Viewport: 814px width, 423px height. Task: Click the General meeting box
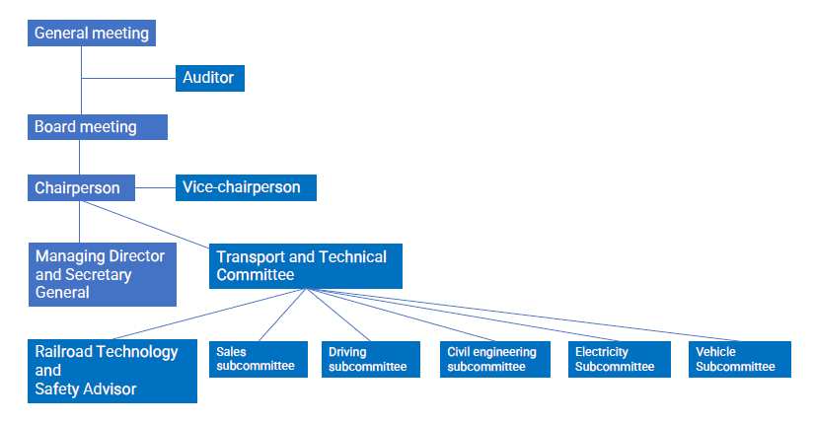pyautogui.click(x=92, y=34)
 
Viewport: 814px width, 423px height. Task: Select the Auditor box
pyautogui.click(x=210, y=78)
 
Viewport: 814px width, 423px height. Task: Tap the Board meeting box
pyautogui.click(x=98, y=127)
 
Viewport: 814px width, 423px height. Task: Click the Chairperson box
pyautogui.click(x=81, y=188)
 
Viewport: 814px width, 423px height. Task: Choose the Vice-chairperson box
pyautogui.click(x=246, y=187)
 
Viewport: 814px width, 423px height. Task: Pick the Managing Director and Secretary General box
pyautogui.click(x=103, y=274)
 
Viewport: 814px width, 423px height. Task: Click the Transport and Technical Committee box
pyautogui.click(x=306, y=266)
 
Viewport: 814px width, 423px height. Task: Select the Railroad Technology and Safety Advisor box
pyautogui.click(x=112, y=371)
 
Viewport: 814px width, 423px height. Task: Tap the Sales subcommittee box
pyautogui.click(x=259, y=359)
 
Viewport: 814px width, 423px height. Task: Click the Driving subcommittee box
pyautogui.click(x=371, y=359)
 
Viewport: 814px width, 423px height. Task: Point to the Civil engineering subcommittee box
pyautogui.click(x=495, y=359)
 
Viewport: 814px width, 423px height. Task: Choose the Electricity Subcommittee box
pyautogui.click(x=620, y=359)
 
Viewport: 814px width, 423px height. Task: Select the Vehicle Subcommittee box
pyautogui.click(x=740, y=359)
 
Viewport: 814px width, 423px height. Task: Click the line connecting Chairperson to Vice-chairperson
pyautogui.click(x=155, y=187)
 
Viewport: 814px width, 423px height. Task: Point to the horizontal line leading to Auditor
pyautogui.click(x=128, y=78)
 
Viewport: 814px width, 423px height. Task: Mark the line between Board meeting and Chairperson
pyautogui.click(x=80, y=157)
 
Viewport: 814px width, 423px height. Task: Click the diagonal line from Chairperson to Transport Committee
pyautogui.click(x=146, y=224)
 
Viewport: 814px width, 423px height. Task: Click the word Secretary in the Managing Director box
pyautogui.click(x=98, y=275)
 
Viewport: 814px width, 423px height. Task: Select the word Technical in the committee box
pyautogui.click(x=352, y=257)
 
